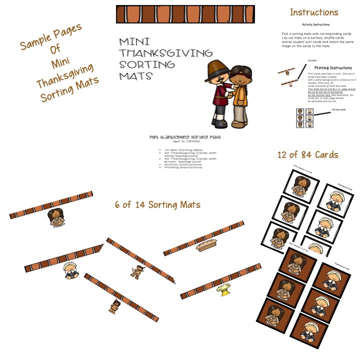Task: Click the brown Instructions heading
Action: (314, 12)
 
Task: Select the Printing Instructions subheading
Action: (333, 67)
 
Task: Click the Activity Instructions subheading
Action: (315, 24)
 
